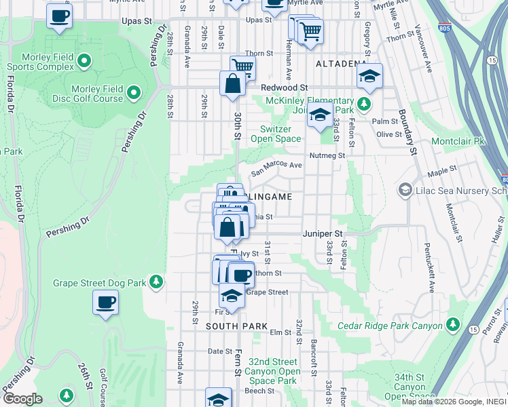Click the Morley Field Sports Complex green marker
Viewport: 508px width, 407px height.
[84, 62]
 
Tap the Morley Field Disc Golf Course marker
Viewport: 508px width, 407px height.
[134, 92]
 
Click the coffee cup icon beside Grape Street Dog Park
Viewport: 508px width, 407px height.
[105, 303]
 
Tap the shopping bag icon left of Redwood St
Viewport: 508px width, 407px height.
[232, 84]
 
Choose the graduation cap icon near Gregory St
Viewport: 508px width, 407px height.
[369, 76]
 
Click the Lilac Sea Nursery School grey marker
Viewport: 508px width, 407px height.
[406, 189]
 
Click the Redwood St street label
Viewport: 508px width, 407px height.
[286, 88]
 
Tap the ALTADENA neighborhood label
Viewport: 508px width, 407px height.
[341, 64]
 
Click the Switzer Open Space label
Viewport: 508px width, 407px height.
[276, 134]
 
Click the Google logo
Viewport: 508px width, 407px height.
[22, 399]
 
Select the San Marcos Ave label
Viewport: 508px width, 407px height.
[276, 168]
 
